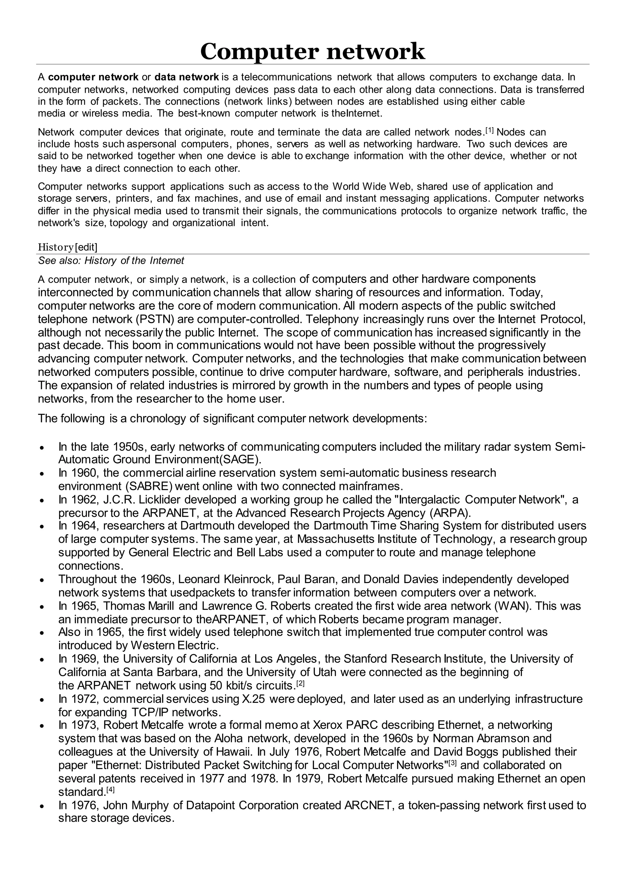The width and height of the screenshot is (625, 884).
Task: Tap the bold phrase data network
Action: click(x=187, y=77)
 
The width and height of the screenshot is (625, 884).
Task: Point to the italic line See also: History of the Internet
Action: click(x=111, y=261)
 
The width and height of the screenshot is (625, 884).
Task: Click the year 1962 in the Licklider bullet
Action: click(x=85, y=500)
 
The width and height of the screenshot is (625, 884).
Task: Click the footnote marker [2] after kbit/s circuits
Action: click(x=300, y=684)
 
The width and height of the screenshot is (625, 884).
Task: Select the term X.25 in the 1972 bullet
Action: click(x=254, y=699)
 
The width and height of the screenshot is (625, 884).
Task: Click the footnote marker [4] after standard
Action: click(x=110, y=790)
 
